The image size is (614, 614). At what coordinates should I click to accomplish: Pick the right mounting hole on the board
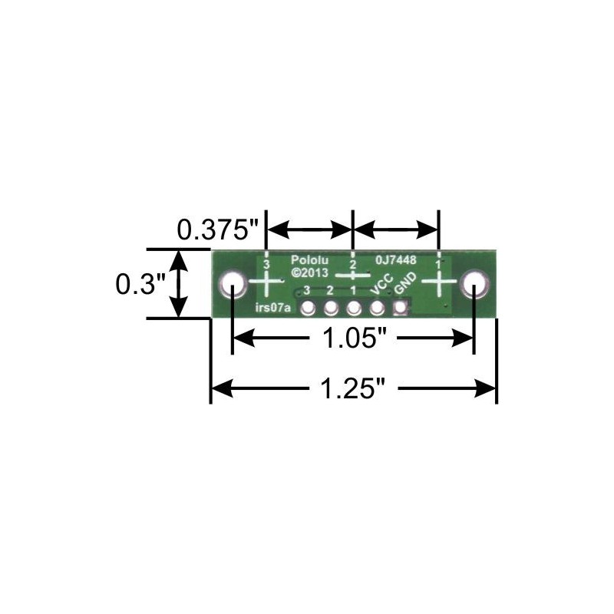tap(474, 285)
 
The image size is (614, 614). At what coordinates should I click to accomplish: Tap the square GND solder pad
tap(400, 309)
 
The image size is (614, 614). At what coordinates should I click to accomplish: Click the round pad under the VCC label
tap(377, 309)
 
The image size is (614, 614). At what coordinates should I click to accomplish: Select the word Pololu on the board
tap(310, 260)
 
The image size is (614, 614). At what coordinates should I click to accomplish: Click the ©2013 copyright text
tap(310, 272)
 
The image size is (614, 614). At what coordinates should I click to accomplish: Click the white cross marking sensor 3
tap(266, 285)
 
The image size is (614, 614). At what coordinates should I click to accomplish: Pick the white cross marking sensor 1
tap(438, 283)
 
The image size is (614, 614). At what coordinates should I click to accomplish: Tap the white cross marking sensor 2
tap(352, 274)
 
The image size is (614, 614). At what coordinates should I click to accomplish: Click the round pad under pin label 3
tap(308, 309)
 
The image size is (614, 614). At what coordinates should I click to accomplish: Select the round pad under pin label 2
tap(331, 309)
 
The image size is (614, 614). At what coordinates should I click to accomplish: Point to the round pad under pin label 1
tap(354, 309)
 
